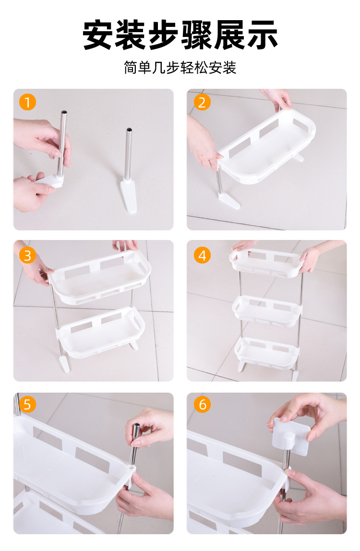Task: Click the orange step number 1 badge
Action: [27, 102]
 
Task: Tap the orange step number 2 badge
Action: [202, 102]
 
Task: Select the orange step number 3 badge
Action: [27, 255]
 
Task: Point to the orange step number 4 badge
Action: [202, 255]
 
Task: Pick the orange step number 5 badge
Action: [27, 405]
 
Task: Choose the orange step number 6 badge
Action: [202, 405]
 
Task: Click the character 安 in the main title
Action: [97, 35]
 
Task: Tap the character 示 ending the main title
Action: [262, 35]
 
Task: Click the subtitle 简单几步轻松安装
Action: [180, 68]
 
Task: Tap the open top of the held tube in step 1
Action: [64, 112]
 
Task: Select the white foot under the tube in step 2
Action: [229, 200]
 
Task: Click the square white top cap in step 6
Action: [291, 436]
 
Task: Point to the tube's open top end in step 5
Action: [136, 426]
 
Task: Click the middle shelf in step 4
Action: [267, 311]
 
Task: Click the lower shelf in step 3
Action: [101, 332]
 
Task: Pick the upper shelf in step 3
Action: [99, 277]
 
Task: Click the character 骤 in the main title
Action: [196, 35]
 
